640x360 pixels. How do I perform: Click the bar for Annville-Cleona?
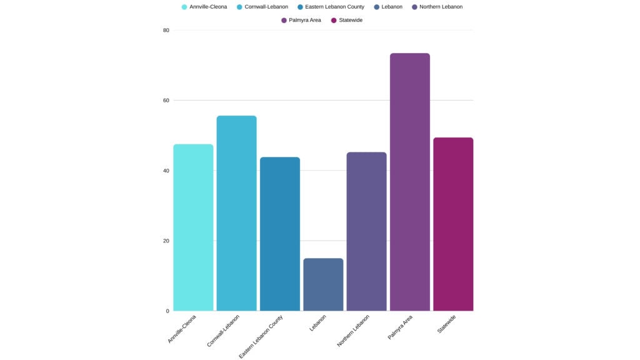tap(193, 227)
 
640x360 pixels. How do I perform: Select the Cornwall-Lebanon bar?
tap(236, 213)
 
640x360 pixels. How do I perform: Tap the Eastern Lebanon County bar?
tap(279, 234)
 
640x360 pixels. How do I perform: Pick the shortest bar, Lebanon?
tap(323, 284)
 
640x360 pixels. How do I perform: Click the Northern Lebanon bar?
tap(366, 231)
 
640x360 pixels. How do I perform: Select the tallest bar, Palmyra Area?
tap(409, 182)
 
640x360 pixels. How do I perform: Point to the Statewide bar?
tap(453, 224)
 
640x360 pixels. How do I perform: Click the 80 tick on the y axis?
tap(166, 30)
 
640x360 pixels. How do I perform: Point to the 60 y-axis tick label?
tap(166, 100)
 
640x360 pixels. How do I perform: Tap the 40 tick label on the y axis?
tap(166, 171)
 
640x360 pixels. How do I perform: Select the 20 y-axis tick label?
tap(166, 241)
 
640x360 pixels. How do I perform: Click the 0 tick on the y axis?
tap(167, 311)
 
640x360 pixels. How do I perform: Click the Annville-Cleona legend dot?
tap(184, 7)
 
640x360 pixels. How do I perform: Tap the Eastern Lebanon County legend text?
tap(334, 7)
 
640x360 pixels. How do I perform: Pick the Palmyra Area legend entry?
tap(304, 20)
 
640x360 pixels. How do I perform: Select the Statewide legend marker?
tap(334, 20)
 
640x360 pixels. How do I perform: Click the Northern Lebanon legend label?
tap(441, 7)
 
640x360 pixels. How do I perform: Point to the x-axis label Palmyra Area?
tap(400, 327)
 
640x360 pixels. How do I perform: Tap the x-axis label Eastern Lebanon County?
tap(261, 337)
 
